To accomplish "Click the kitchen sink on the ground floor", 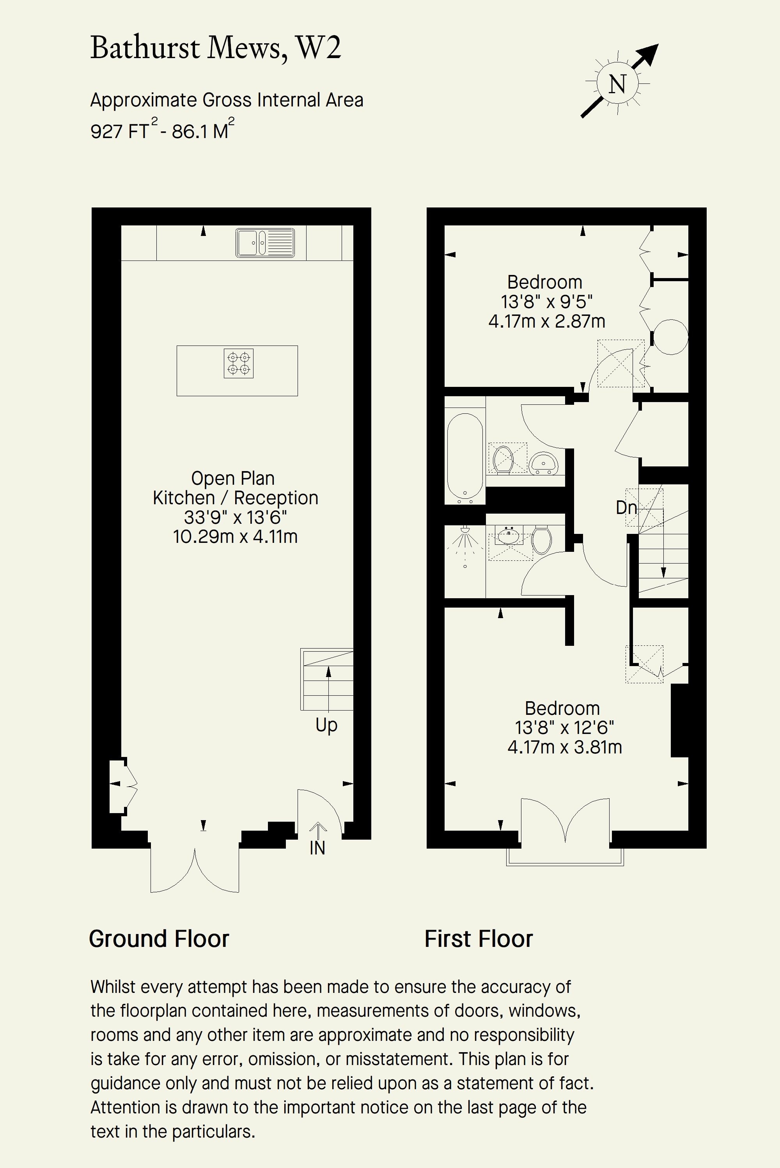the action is click(x=265, y=243).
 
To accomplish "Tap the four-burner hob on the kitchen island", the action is click(x=238, y=363).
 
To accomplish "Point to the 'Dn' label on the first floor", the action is click(x=626, y=507).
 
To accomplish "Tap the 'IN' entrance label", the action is click(x=317, y=848).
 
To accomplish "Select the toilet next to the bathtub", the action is click(x=503, y=459).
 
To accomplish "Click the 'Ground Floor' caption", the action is click(x=159, y=939).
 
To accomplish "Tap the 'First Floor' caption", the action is click(x=479, y=939).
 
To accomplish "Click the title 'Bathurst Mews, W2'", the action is click(x=215, y=48).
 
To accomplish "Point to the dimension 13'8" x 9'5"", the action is click(x=547, y=302).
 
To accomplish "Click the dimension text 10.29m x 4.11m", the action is click(x=235, y=537).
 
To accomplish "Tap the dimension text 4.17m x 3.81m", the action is click(x=565, y=747).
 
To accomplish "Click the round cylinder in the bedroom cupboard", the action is click(x=670, y=337).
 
